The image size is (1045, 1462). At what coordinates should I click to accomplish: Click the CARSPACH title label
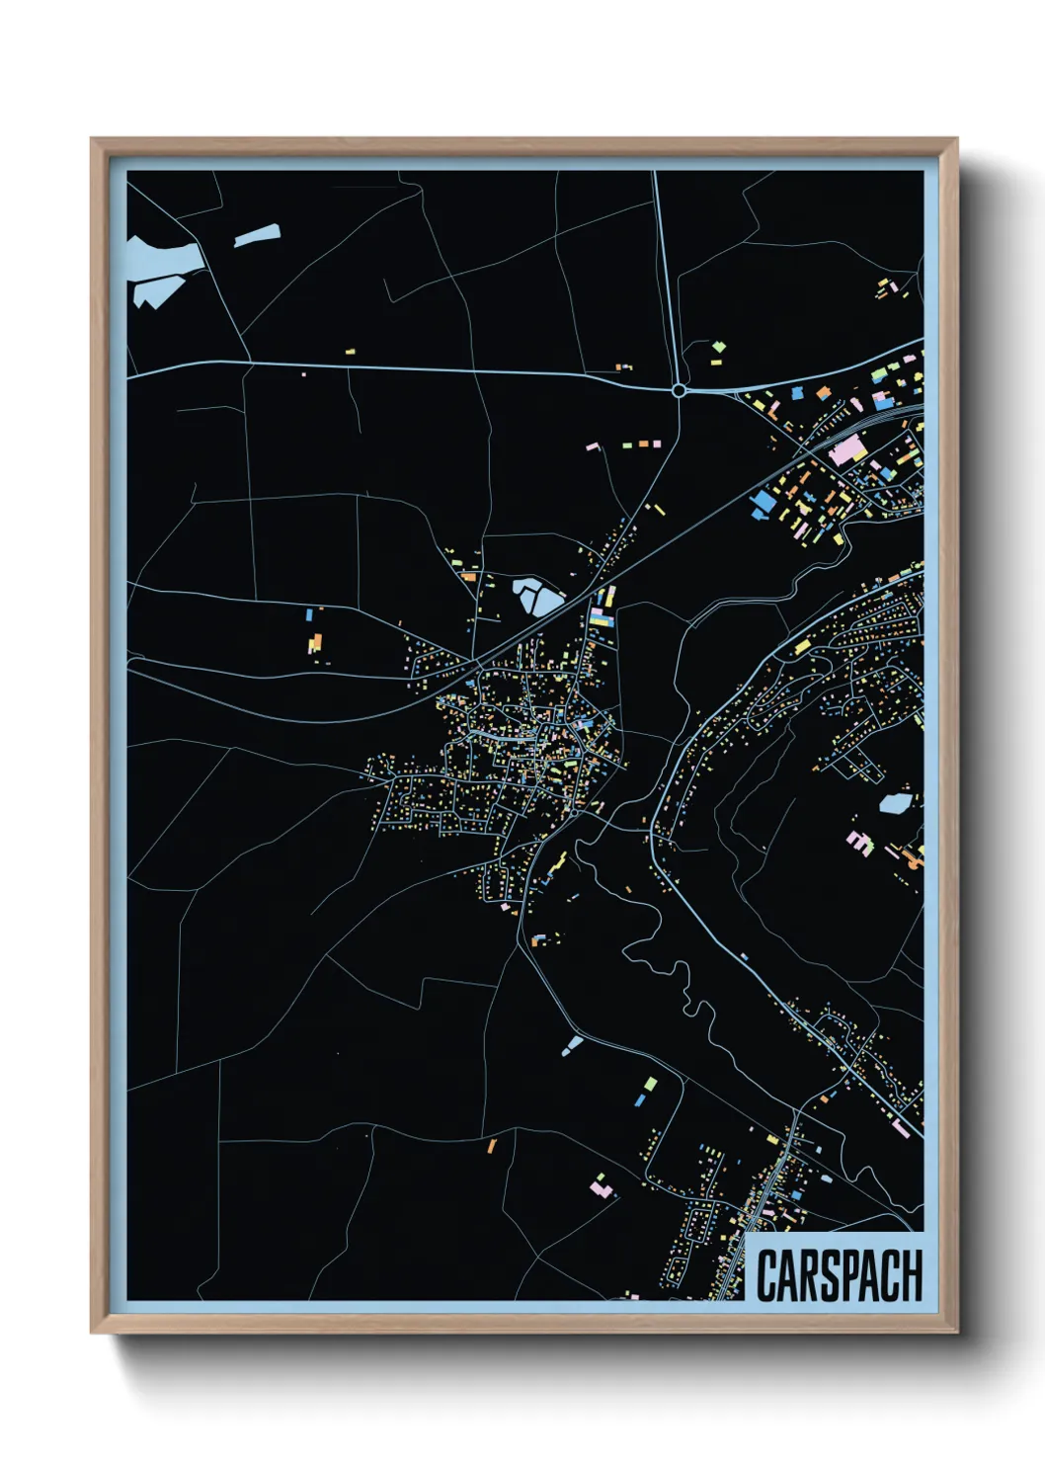839,1275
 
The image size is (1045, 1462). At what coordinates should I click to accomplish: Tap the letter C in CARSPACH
766,1276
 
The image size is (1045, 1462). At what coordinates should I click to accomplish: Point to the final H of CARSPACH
911,1275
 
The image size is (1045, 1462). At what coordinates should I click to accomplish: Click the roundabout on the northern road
679,391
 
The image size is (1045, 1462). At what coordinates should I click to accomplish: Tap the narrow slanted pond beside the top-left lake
257,236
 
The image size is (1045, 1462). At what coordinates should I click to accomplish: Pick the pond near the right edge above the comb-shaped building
894,803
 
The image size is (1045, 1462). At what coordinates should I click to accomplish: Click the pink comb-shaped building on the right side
859,842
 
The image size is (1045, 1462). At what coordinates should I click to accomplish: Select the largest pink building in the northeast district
846,453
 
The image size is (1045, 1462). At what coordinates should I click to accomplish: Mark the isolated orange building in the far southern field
491,1146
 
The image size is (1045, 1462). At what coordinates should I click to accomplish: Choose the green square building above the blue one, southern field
650,1084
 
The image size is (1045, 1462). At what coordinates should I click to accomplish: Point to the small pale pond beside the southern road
572,1043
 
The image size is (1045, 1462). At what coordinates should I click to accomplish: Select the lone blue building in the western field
309,614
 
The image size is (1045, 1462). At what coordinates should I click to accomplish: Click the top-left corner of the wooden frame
92,140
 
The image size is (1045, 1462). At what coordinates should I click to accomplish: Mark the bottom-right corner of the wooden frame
956,1332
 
